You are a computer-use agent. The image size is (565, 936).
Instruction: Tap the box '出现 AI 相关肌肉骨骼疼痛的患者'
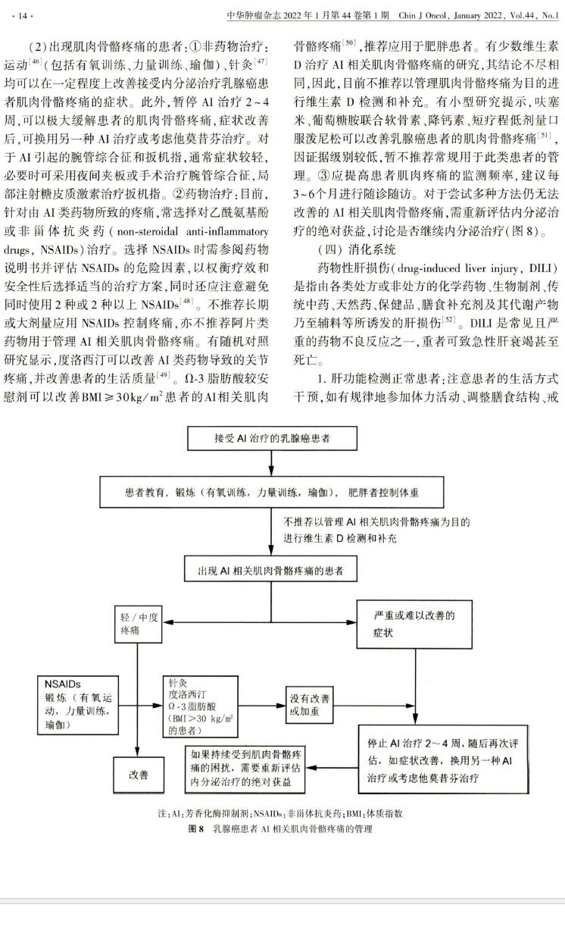click(272, 569)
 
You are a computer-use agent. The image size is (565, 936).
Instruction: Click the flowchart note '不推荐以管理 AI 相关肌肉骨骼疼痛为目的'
click(377, 522)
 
